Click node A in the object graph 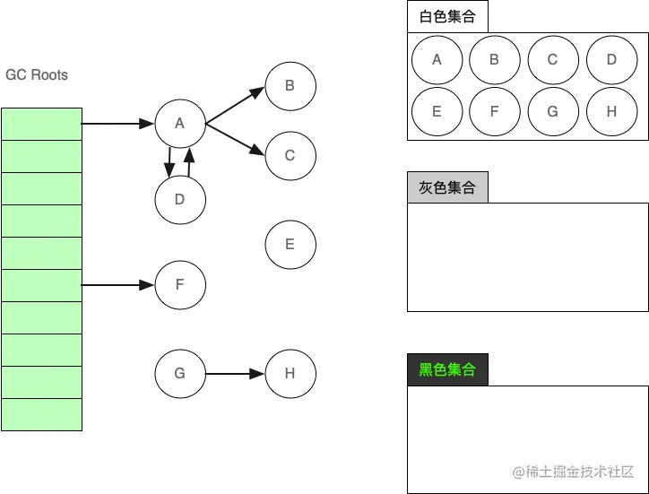tap(179, 124)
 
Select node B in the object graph tap(290, 86)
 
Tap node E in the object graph tap(290, 244)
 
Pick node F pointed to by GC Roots tap(179, 285)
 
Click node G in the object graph tap(179, 373)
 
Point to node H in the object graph tap(290, 373)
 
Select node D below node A tap(179, 199)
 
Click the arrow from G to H tap(235, 373)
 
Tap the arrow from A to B tap(235, 105)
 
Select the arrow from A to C tap(235, 139)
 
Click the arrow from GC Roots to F tap(117, 285)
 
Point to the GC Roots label tap(37, 74)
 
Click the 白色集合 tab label tap(447, 16)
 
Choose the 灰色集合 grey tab tap(447, 187)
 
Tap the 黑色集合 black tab tap(447, 369)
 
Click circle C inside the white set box tap(552, 60)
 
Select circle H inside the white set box tap(611, 112)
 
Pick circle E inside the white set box tap(437, 112)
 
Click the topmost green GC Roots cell tap(41, 124)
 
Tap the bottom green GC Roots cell tap(41, 414)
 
